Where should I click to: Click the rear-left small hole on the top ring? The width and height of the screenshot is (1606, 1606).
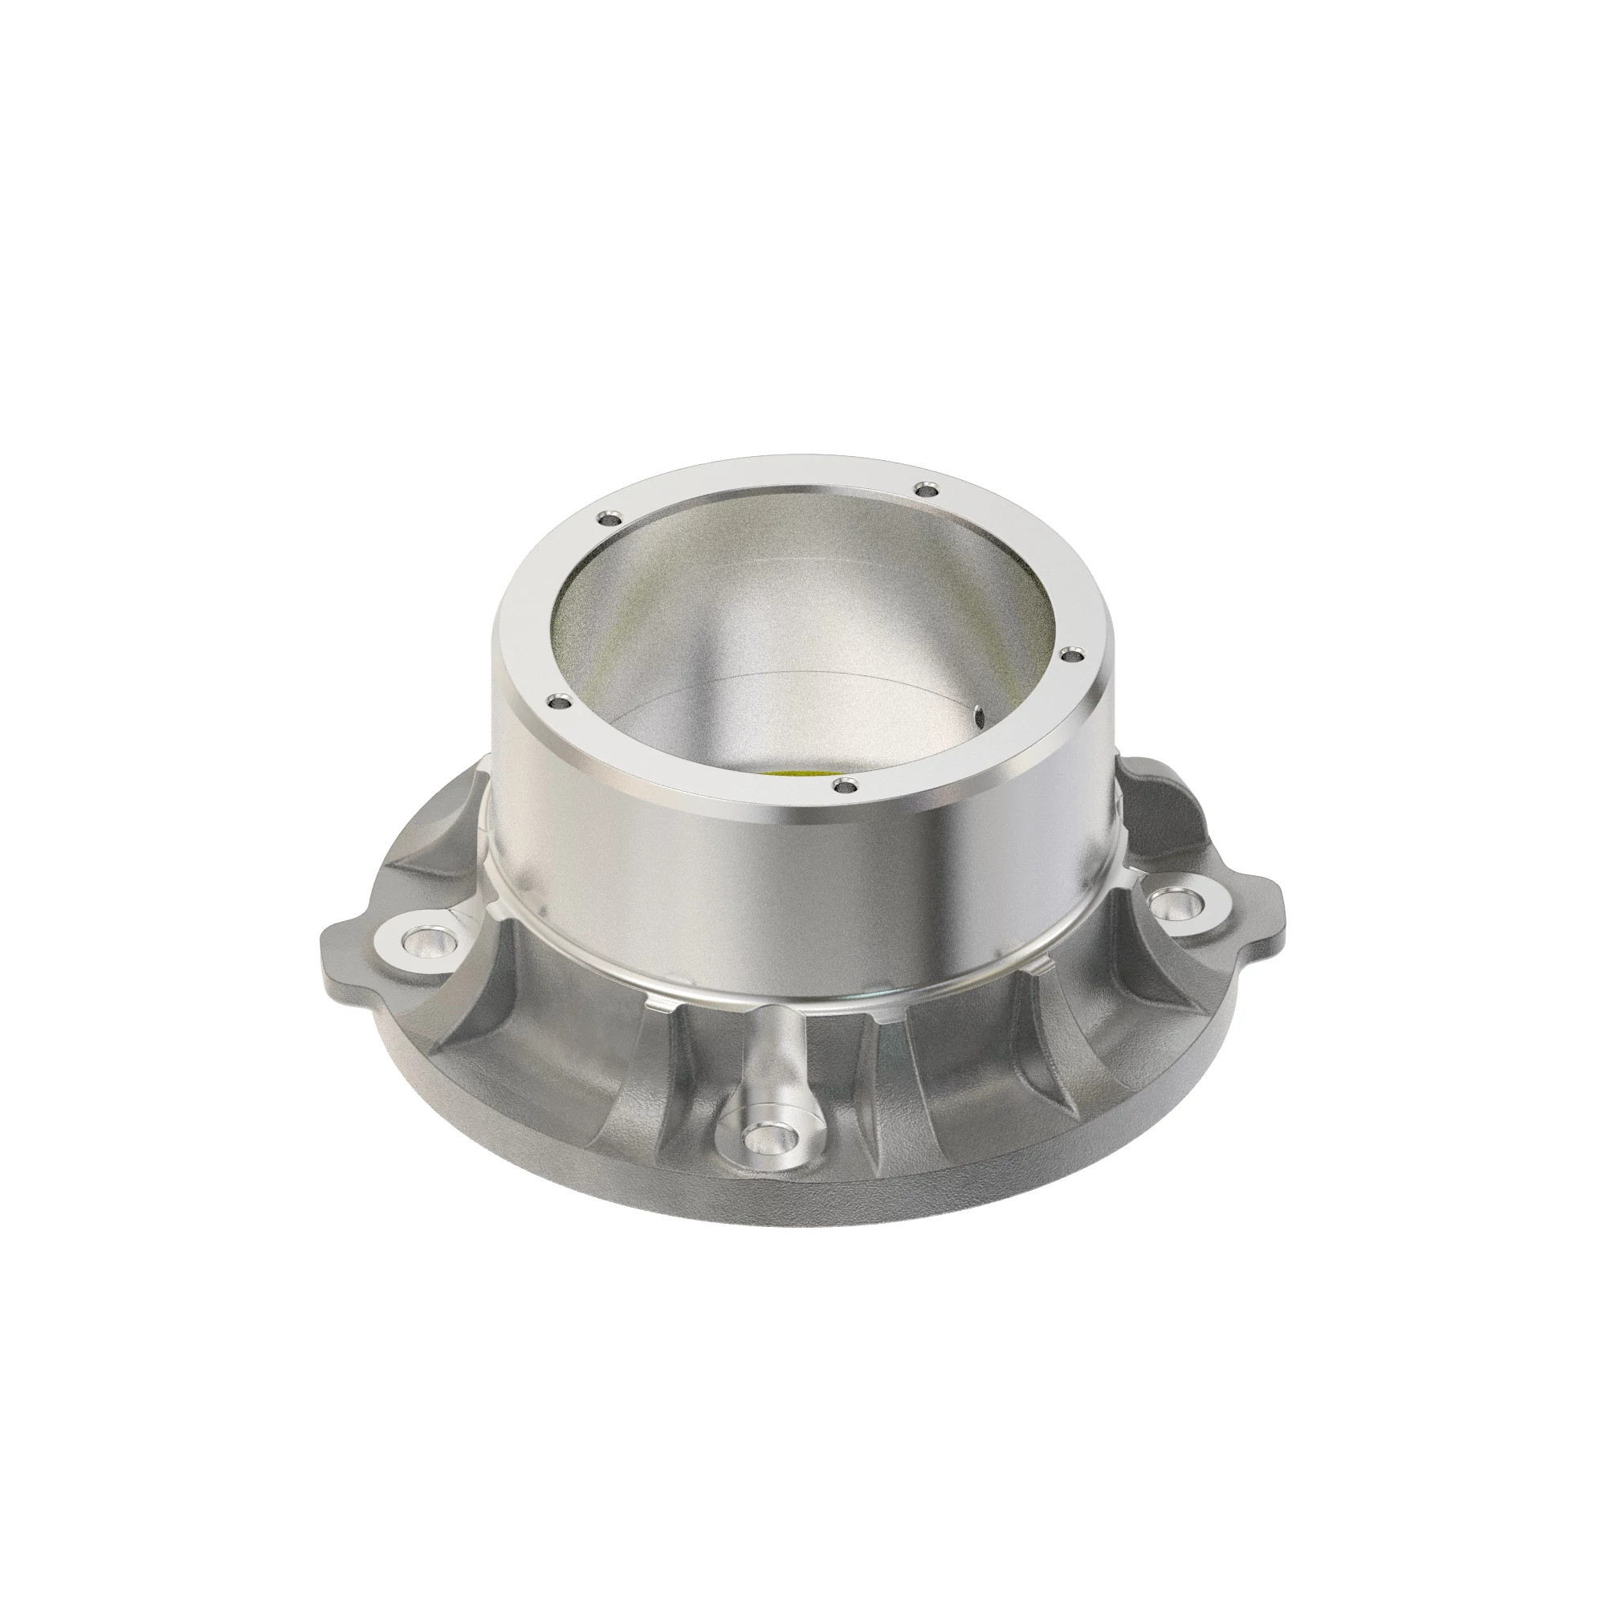point(609,518)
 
